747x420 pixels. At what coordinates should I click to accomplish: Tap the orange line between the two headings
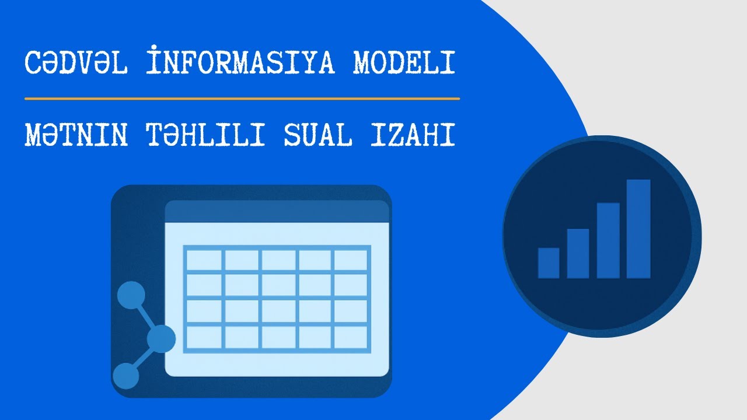point(242,99)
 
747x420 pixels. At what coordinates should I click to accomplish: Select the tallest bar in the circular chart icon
point(638,229)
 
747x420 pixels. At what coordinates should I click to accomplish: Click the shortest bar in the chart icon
point(549,262)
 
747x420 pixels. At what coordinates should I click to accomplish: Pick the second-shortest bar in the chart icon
point(578,253)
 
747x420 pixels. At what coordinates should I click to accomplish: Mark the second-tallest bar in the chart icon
point(608,240)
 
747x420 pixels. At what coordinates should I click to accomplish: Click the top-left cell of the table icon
point(204,260)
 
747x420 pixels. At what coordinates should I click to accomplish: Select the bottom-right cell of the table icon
point(351,337)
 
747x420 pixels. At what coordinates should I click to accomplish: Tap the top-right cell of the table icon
point(351,260)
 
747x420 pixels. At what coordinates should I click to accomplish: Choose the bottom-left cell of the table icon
point(204,337)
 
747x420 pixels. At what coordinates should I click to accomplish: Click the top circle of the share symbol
point(131,295)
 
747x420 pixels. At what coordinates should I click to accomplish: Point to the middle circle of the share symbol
point(160,338)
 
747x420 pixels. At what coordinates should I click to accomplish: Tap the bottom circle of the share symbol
point(125,376)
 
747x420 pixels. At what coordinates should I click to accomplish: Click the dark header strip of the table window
point(277,212)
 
